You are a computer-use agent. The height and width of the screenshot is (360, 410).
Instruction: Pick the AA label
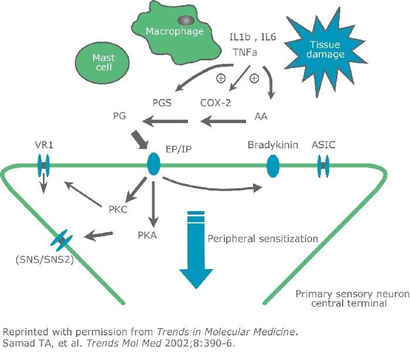(261, 116)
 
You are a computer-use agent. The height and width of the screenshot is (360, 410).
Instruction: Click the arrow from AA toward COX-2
(223, 121)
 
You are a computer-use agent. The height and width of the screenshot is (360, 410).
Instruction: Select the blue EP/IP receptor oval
(153, 164)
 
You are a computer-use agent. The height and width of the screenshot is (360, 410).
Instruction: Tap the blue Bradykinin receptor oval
(273, 167)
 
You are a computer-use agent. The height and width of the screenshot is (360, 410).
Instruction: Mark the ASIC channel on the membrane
(323, 167)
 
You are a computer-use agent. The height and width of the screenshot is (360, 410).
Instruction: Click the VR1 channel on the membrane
(44, 165)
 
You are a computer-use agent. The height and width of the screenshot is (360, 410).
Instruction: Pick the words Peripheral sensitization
(262, 239)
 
